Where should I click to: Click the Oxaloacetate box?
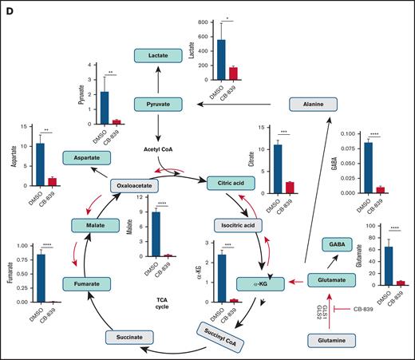[144, 184]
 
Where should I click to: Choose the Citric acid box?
[231, 184]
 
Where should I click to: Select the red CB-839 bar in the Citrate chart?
[290, 188]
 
